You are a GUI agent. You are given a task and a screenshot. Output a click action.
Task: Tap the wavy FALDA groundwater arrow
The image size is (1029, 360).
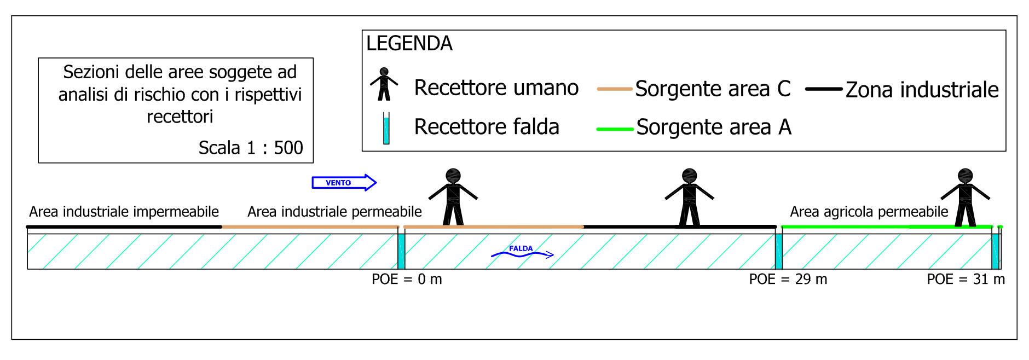(522, 253)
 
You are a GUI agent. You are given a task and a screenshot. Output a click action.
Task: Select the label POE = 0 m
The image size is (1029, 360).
(407, 280)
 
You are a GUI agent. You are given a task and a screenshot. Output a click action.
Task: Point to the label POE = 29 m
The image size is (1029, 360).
(788, 280)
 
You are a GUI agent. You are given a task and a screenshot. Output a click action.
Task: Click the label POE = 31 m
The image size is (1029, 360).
(966, 280)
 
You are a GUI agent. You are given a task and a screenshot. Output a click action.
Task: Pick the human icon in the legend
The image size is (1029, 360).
(384, 84)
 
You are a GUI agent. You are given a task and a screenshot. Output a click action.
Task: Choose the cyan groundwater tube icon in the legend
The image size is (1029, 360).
(386, 129)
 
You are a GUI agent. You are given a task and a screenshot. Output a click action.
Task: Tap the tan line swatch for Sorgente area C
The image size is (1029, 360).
(614, 89)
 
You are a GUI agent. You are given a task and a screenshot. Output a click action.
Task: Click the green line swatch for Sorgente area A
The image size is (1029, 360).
(614, 129)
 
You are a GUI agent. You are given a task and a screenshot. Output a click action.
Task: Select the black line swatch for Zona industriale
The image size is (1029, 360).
(824, 89)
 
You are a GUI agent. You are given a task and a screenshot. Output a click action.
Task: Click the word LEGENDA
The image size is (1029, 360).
(409, 44)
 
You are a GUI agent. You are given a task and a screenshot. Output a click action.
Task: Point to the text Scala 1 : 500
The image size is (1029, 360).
(250, 148)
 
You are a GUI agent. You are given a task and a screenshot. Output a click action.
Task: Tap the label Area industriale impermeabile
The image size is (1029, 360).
(124, 212)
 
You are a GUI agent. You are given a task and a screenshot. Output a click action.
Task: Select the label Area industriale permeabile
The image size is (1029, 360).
(334, 212)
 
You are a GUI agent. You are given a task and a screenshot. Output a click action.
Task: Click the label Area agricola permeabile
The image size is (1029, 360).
(869, 212)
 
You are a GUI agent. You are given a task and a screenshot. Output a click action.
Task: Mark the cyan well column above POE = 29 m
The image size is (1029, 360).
(778, 251)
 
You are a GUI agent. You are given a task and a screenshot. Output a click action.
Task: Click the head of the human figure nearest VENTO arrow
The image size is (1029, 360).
(453, 176)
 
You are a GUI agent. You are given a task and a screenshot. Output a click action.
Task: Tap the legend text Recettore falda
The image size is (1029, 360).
(487, 127)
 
